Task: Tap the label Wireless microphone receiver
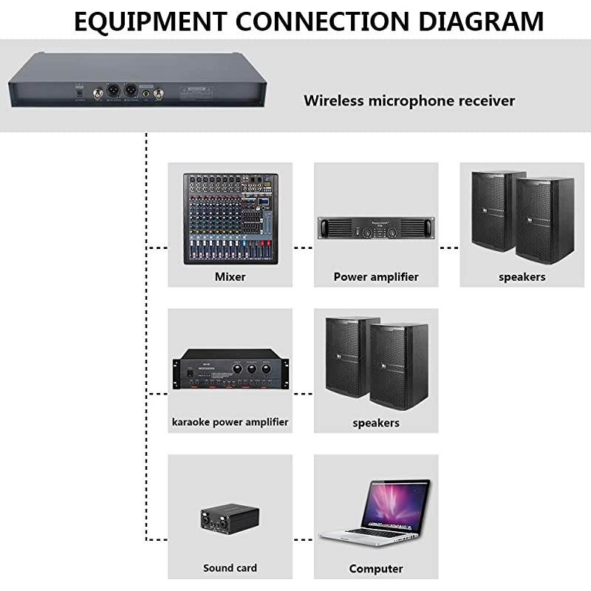pyautogui.click(x=409, y=100)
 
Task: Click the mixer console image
pyautogui.click(x=230, y=219)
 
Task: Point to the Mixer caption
pyautogui.click(x=230, y=277)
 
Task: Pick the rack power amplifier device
pyautogui.click(x=375, y=228)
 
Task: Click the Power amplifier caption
pyautogui.click(x=376, y=277)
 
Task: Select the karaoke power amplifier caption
pyautogui.click(x=230, y=423)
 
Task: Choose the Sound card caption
pyautogui.click(x=230, y=568)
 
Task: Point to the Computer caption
pyautogui.click(x=376, y=569)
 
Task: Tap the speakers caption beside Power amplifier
pyautogui.click(x=522, y=277)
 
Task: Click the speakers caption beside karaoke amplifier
pyautogui.click(x=376, y=423)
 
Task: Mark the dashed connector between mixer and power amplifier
pyautogui.click(x=303, y=247)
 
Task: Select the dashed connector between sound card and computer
pyautogui.click(x=303, y=540)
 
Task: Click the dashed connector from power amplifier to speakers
pyautogui.click(x=449, y=247)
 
